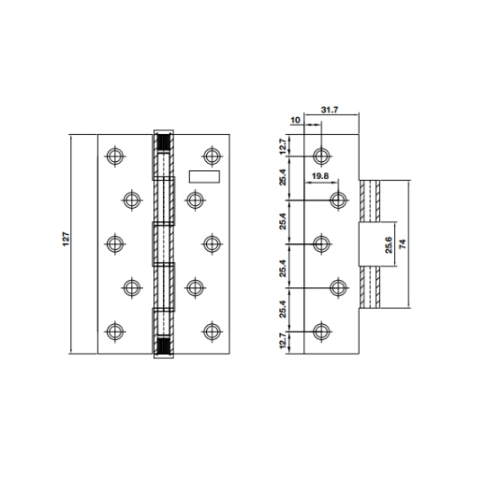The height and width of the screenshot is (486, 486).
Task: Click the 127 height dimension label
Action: pos(67,239)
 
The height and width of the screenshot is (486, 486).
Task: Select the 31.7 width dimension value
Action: pos(329,110)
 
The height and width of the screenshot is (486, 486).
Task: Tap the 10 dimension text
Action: pos(296,120)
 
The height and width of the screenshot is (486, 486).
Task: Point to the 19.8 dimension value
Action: pos(319,176)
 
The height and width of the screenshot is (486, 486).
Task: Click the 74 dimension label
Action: pos(402,244)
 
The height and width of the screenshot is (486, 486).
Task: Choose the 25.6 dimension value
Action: pos(389,245)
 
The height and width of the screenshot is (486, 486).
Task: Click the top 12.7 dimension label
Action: pos(283,147)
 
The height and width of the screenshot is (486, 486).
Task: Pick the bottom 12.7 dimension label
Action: pos(283,341)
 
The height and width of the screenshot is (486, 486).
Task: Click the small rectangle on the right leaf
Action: pos(204,176)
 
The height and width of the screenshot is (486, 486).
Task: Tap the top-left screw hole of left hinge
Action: pos(115,156)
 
